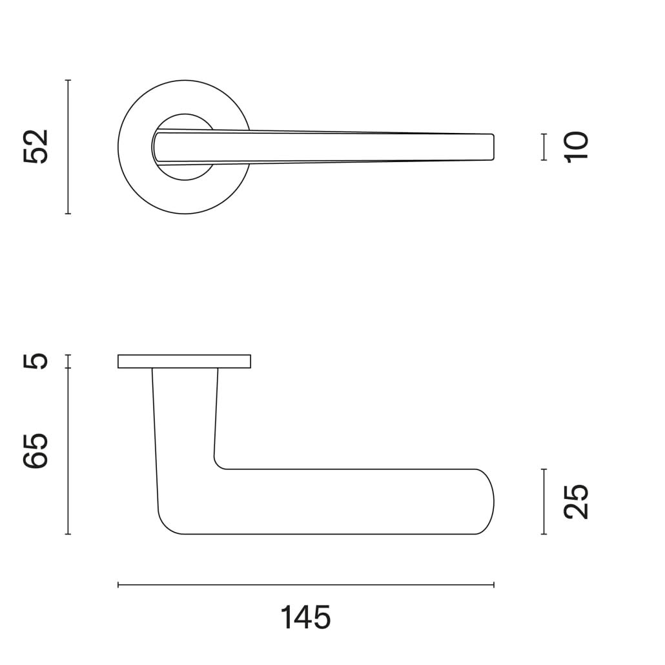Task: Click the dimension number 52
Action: point(36,147)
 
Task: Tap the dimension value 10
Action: point(577,147)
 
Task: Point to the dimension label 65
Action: point(36,451)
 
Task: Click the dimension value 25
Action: point(577,502)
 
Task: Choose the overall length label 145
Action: point(305,618)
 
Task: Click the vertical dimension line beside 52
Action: point(68,147)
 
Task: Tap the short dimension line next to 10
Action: point(544,147)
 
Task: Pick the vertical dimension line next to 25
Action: point(544,502)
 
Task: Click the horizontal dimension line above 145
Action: point(305,585)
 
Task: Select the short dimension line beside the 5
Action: point(68,361)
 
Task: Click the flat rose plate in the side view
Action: point(184,362)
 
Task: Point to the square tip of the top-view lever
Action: point(491,147)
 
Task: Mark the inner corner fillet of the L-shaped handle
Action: point(218,464)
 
